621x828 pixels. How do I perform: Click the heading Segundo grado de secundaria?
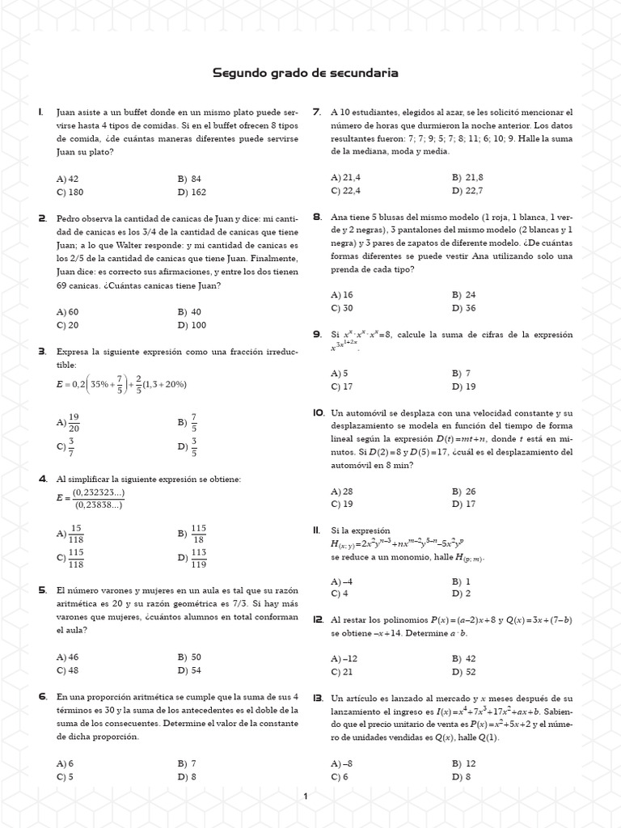click(x=305, y=74)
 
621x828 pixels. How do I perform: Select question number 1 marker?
click(x=40, y=112)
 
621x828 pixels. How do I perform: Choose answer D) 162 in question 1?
click(x=192, y=192)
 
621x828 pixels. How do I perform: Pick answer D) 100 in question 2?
click(x=192, y=324)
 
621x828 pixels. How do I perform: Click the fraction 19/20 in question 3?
click(x=74, y=422)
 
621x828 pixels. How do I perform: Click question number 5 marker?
click(x=41, y=591)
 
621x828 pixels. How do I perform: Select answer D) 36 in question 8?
click(x=464, y=308)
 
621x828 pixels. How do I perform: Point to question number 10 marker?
click(x=317, y=412)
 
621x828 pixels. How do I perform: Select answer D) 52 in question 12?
click(x=464, y=672)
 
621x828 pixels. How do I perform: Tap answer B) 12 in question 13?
click(x=464, y=763)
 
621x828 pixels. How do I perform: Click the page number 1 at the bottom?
click(x=305, y=797)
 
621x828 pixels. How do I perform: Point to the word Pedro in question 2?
click(x=68, y=218)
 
